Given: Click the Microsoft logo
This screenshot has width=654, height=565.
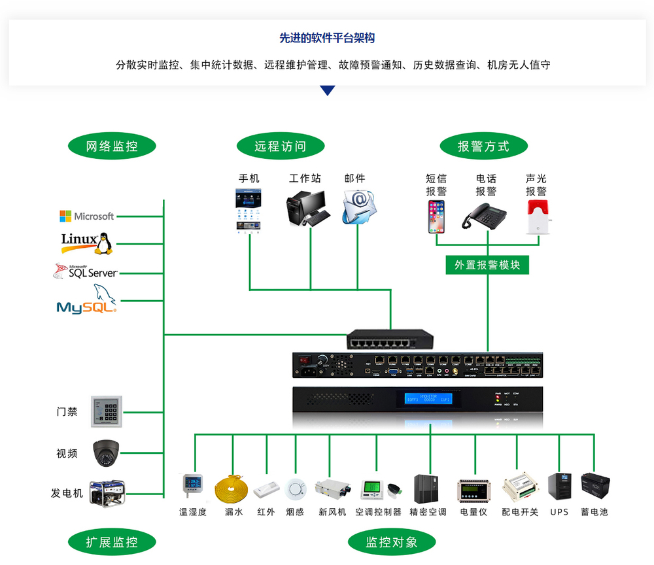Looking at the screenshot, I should (x=86, y=216).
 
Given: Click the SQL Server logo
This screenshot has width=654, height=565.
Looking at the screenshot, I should (x=85, y=272).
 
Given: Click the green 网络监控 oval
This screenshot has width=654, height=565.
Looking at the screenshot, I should (x=112, y=146).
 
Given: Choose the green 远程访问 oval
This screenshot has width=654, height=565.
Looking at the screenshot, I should (x=280, y=146).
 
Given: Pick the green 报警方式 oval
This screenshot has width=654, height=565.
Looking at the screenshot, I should (x=483, y=146).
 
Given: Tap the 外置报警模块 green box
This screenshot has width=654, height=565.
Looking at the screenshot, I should (x=487, y=265).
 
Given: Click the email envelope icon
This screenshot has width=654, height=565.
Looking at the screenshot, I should (x=360, y=207).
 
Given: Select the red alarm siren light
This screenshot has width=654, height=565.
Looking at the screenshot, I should (x=537, y=216).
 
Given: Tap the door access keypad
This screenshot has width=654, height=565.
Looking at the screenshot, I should (x=107, y=412).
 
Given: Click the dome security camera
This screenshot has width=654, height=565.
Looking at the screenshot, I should (x=106, y=453).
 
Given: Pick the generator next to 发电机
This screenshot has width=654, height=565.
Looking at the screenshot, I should (x=107, y=492).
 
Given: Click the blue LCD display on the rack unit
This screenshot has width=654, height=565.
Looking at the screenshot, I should (x=428, y=398).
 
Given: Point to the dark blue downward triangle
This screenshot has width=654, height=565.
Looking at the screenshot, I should (x=328, y=90).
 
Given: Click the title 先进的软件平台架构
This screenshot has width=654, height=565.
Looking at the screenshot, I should (x=327, y=39).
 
